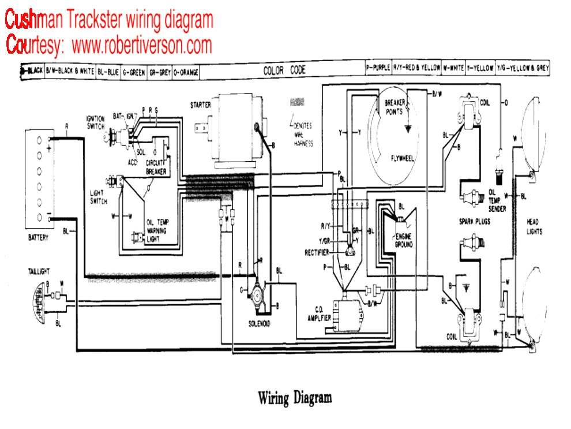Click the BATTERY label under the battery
[37, 237]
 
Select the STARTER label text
[200, 105]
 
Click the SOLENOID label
[259, 323]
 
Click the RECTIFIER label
[317, 252]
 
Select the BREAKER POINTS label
[396, 106]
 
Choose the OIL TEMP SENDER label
[497, 200]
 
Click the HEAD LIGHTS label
[534, 227]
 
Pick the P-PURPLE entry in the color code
[378, 68]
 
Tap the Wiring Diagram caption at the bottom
[294, 398]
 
